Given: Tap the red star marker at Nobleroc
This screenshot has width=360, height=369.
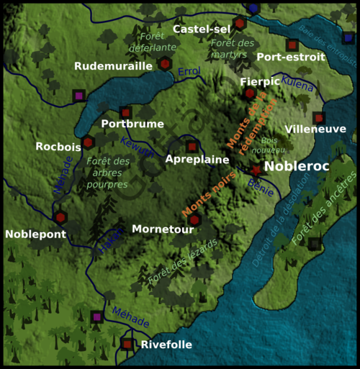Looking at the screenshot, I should pos(256,170).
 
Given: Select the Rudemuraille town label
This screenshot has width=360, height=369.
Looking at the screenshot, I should pos(113,65).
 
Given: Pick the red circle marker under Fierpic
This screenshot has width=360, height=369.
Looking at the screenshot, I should pos(249,93).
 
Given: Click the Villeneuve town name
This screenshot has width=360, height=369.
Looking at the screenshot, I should pos(315,129).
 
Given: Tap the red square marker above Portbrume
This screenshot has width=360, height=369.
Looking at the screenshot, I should pos(125,112).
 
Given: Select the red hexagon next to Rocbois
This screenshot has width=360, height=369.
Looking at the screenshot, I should pos(88,142).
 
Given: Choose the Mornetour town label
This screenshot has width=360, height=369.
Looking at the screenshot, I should pos(163,229).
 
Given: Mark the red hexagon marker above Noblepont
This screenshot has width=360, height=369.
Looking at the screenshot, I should pos(60,217).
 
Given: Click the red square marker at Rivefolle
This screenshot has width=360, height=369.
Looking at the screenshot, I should pos(127,345).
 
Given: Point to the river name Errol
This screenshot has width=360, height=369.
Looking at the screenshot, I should pos(188,72).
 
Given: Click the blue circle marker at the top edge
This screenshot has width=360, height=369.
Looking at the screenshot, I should pos(253,8).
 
